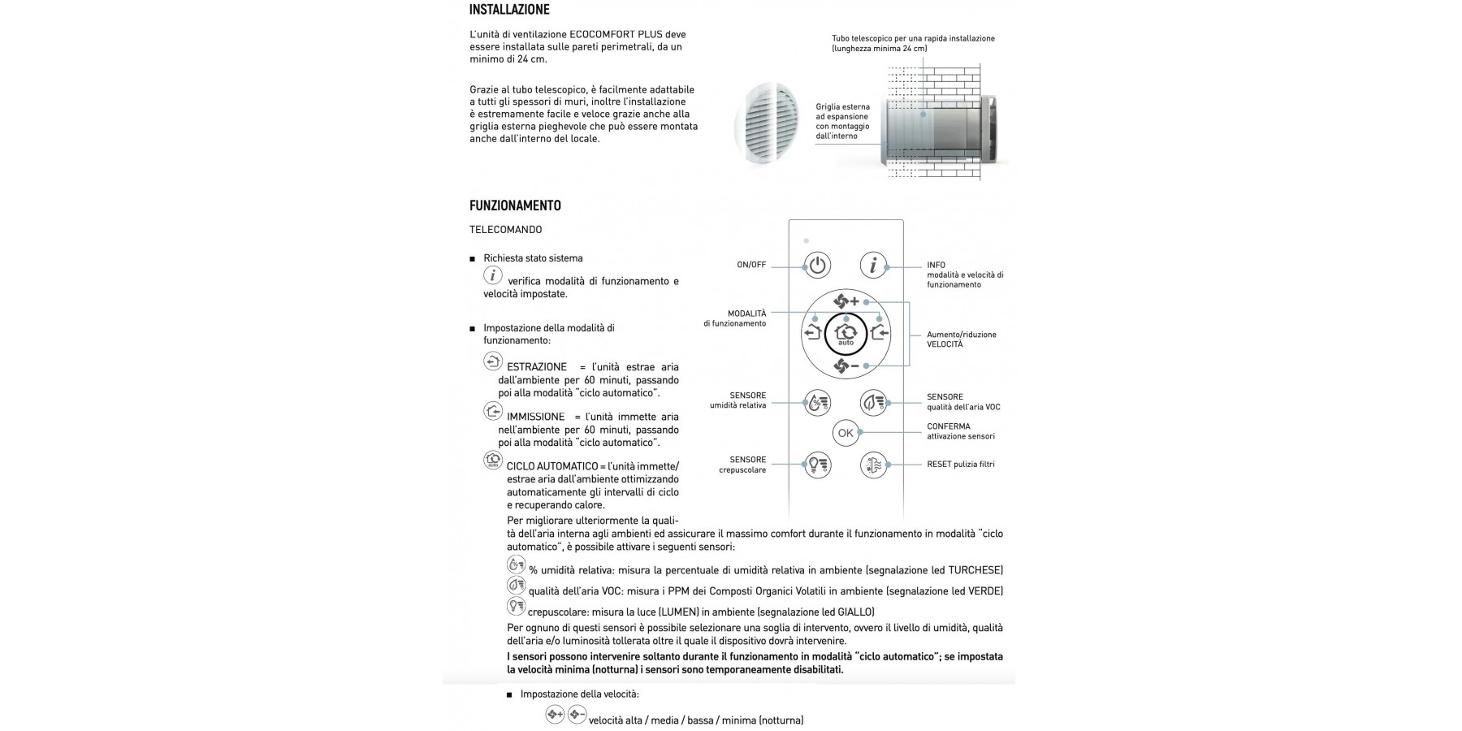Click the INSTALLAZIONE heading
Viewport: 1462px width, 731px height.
509,10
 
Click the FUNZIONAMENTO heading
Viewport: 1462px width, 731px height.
515,205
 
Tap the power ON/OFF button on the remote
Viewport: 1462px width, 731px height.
818,266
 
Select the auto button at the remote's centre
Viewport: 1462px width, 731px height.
846,334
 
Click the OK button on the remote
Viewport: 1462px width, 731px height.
846,433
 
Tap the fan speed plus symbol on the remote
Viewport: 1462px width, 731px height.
846,301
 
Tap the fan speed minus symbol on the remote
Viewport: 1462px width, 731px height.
846,366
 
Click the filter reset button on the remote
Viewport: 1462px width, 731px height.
873,465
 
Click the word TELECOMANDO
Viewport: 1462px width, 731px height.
505,230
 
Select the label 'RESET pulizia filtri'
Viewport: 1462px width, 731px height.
961,465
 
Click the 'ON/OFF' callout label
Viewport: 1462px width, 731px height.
751,266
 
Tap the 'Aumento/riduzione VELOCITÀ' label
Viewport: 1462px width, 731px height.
962,340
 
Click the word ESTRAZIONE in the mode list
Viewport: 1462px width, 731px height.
537,367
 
